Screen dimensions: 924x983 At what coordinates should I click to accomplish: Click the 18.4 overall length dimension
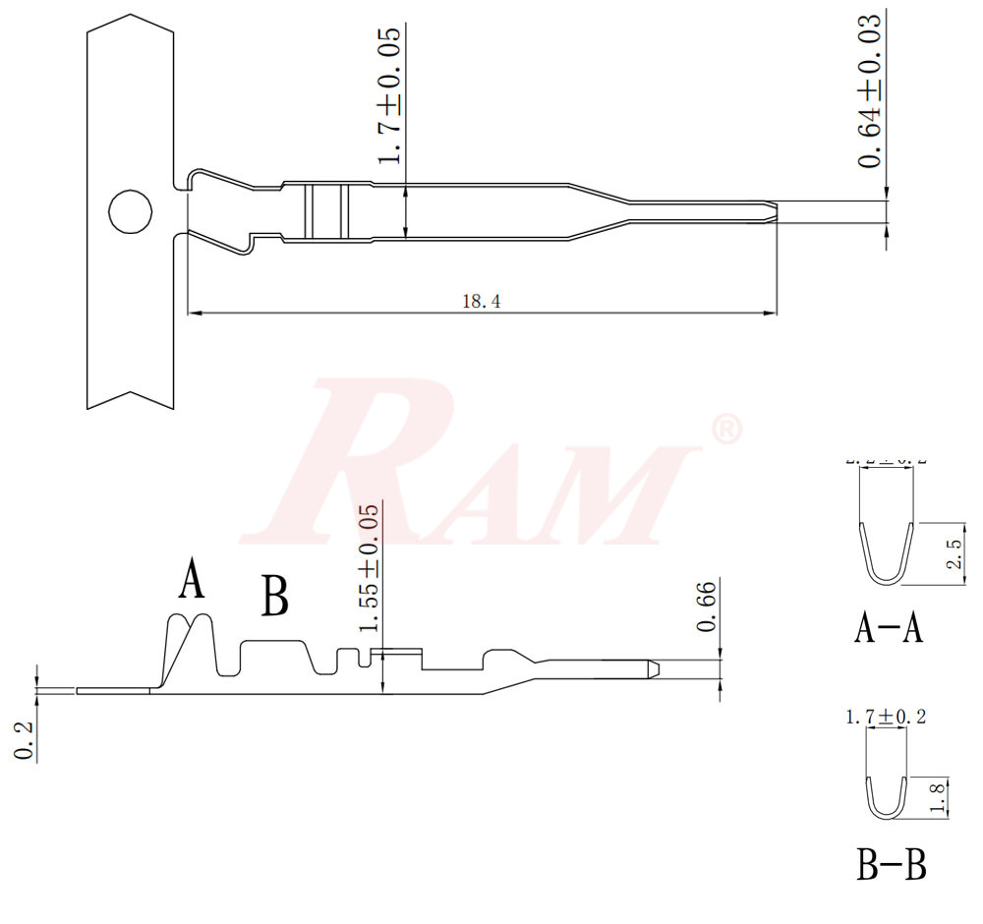[482, 302]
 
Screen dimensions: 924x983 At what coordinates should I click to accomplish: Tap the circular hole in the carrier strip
[130, 211]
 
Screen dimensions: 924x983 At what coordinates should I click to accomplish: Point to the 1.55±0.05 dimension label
[369, 569]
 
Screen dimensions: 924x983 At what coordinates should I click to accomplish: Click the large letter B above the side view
[275, 596]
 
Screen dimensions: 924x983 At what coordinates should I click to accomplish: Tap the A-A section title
[888, 627]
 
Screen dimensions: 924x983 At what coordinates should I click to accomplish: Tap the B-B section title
[891, 866]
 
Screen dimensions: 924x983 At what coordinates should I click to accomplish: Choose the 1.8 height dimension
[940, 798]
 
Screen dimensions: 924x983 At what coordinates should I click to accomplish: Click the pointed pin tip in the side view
[652, 668]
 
